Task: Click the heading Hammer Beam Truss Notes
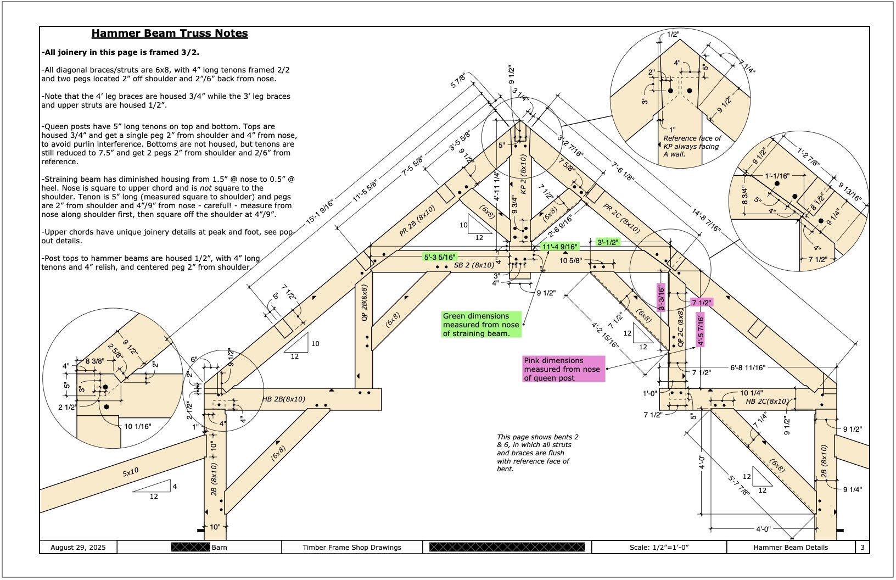[170, 34]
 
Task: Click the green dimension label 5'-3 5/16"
[440, 257]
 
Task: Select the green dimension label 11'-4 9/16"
[560, 247]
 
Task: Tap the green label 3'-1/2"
[608, 242]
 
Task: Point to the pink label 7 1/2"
[701, 303]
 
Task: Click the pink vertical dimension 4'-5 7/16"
[701, 330]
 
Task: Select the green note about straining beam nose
[481, 325]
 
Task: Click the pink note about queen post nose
[563, 369]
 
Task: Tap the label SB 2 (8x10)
[474, 265]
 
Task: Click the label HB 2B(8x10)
[284, 399]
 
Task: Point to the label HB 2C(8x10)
[767, 401]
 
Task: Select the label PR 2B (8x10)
[417, 221]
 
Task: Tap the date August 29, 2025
[78, 547]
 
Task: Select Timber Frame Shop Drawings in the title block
[352, 547]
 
